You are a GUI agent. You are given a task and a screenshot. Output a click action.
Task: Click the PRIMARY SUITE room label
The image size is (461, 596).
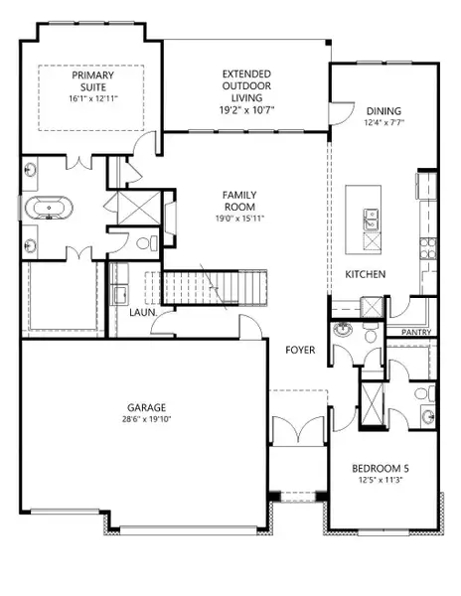(92, 81)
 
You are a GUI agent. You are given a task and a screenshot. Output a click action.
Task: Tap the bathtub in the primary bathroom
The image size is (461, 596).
(49, 209)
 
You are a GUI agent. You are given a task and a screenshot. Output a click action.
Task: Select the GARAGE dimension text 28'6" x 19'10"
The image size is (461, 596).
(147, 419)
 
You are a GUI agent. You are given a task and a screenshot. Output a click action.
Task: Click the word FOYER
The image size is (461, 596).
(300, 350)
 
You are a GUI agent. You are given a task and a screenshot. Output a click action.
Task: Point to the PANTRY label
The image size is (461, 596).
(416, 332)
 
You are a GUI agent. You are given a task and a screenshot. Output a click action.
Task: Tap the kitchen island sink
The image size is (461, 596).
(371, 220)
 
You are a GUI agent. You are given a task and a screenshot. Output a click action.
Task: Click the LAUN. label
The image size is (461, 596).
(143, 313)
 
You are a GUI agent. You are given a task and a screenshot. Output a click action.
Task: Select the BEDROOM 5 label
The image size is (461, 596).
(381, 468)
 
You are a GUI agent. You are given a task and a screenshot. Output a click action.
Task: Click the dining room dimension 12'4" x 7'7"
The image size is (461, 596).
(384, 123)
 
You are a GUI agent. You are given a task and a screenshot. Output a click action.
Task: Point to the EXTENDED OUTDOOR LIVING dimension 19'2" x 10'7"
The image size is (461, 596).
(247, 110)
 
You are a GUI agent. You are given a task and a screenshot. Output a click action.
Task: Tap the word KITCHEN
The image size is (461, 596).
(366, 274)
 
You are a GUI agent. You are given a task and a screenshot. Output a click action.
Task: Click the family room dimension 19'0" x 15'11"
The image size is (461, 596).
(239, 219)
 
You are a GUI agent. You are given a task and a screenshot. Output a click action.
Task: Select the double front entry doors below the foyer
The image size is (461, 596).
(298, 430)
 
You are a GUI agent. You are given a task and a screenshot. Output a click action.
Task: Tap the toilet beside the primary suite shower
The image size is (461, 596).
(147, 243)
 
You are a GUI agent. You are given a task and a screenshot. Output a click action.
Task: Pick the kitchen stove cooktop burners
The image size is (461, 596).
(428, 247)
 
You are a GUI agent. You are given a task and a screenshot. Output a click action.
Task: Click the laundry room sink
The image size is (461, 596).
(121, 295)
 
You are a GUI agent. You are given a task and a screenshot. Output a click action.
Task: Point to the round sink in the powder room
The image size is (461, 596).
(343, 329)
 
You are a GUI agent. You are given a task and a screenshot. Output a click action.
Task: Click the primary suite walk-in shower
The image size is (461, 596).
(139, 208)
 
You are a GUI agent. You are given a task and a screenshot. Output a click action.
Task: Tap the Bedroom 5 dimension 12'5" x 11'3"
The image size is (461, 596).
(381, 480)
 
